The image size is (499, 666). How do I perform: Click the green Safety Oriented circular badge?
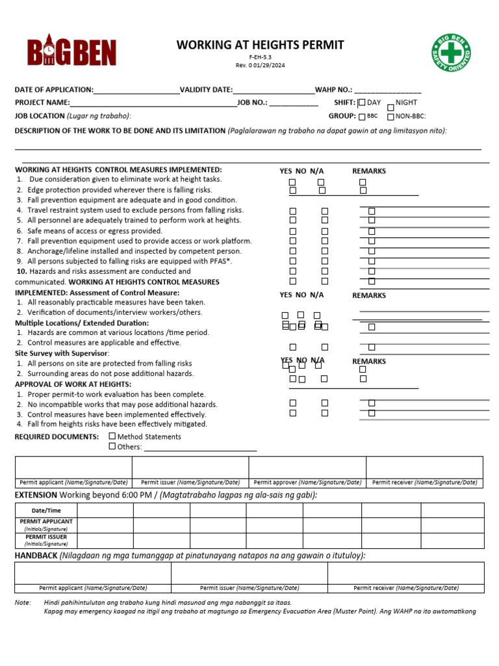point(452,53)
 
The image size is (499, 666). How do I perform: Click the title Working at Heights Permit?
point(260,45)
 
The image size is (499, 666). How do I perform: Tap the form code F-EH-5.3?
point(260,57)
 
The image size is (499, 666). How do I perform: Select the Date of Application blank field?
point(136,90)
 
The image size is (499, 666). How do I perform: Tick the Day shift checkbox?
point(362,103)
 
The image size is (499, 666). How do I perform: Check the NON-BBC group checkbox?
point(390,117)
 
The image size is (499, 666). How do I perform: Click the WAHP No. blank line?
point(387,90)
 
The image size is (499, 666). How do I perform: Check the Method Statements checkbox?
point(112,436)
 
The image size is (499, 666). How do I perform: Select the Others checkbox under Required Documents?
point(112,446)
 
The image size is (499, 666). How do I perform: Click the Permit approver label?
point(307,483)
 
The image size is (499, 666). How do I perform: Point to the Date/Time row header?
point(46,511)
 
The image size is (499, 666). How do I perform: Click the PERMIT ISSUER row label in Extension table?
point(46,537)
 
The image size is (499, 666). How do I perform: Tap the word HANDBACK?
point(36,555)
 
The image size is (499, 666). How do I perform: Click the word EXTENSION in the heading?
point(36,496)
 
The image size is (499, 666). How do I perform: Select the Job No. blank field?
point(294,103)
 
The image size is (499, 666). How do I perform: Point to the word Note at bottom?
point(23,603)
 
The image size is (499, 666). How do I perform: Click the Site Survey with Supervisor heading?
point(62,353)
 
